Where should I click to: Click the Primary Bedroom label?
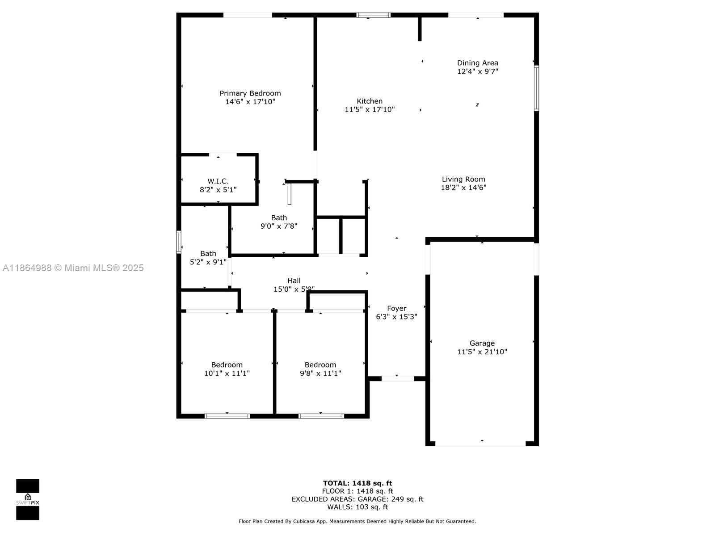pyautogui.click(x=250, y=93)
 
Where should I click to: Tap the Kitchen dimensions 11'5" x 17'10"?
pyautogui.click(x=370, y=110)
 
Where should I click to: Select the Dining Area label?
pyautogui.click(x=477, y=63)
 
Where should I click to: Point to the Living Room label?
pyautogui.click(x=463, y=179)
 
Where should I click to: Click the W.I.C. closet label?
pyautogui.click(x=218, y=181)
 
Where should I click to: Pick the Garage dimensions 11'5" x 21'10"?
pyautogui.click(x=482, y=352)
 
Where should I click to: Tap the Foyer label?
pyautogui.click(x=396, y=309)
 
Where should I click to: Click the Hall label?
pyautogui.click(x=294, y=281)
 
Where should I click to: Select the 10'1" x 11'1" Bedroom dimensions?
pyautogui.click(x=227, y=373)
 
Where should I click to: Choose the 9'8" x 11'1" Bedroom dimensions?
pyautogui.click(x=320, y=373)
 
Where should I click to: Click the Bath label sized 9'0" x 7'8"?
pyautogui.click(x=279, y=218)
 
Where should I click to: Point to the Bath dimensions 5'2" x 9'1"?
pyautogui.click(x=208, y=262)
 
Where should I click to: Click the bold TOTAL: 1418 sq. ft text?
pyautogui.click(x=357, y=483)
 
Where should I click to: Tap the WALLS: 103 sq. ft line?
pyautogui.click(x=357, y=507)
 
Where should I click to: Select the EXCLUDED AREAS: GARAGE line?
pyautogui.click(x=357, y=499)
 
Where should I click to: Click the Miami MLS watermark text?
pyautogui.click(x=73, y=268)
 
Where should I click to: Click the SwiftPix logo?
pyautogui.click(x=28, y=499)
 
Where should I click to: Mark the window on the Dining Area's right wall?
pyautogui.click(x=536, y=88)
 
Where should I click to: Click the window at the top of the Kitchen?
pyautogui.click(x=373, y=15)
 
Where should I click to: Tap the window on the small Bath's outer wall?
pyautogui.click(x=178, y=242)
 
